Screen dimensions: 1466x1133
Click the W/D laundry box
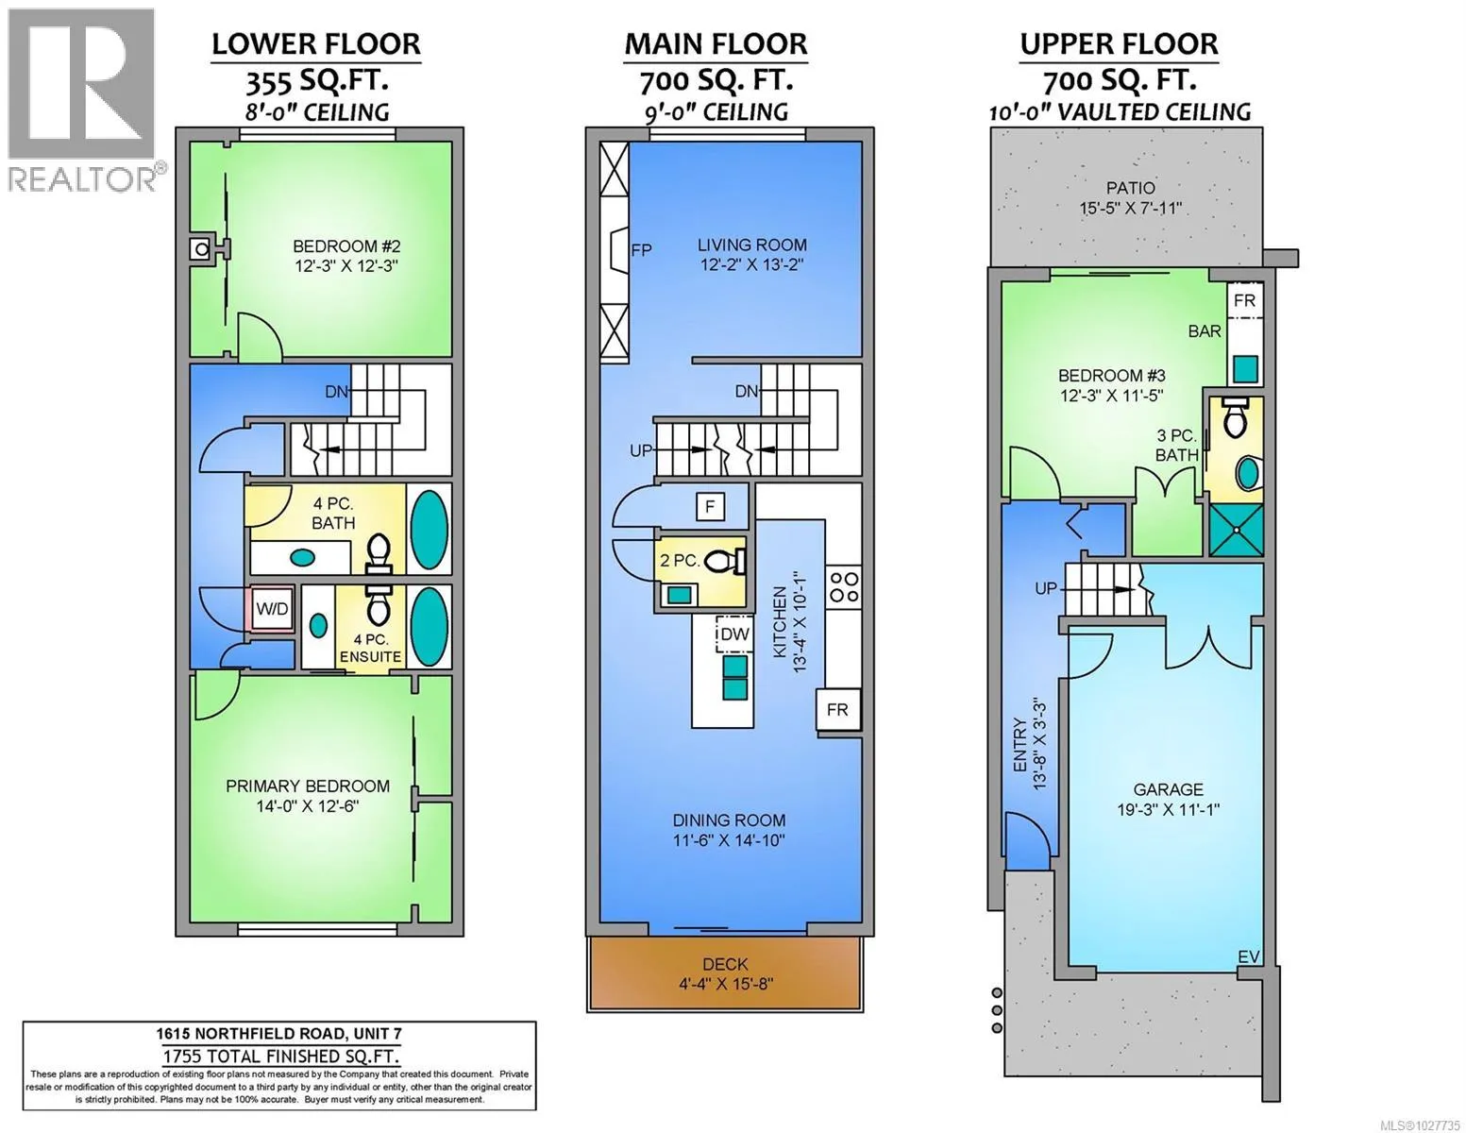272,609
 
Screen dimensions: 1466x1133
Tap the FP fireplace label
642,250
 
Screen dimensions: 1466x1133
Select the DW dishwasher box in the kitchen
734,634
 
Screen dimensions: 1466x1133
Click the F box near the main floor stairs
710,506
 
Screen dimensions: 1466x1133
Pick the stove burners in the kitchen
844,586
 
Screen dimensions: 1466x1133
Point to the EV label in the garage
1249,956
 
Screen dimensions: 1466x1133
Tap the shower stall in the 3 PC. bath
1236,530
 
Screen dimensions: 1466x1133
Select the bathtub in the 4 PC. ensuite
429,627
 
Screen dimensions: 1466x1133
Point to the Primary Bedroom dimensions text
308,805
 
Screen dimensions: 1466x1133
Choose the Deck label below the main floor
725,964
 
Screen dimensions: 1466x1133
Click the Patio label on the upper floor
1131,188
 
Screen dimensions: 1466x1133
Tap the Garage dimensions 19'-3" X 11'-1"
1168,809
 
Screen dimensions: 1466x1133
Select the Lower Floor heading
315,44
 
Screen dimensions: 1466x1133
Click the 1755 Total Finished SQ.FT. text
280,1056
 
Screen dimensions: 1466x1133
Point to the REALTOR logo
83,100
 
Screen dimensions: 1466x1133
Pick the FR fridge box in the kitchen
838,710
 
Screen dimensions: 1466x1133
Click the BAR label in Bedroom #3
1205,331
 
